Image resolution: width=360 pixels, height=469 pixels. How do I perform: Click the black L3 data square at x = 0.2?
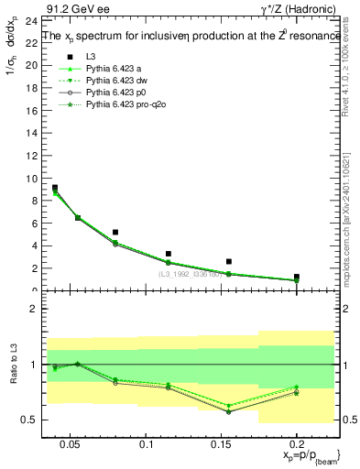tap(296, 277)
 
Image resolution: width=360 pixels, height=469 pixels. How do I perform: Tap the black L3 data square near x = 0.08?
tap(115, 233)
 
